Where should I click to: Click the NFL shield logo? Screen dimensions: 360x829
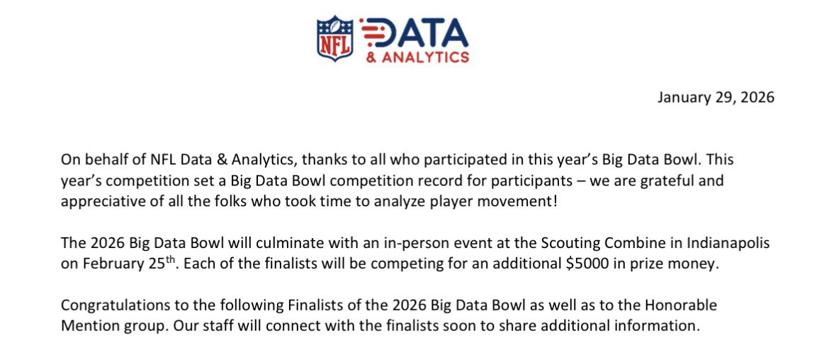click(x=336, y=38)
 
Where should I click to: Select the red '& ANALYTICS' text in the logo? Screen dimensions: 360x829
click(x=417, y=57)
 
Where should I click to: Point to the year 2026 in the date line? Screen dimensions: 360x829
click(x=756, y=97)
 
